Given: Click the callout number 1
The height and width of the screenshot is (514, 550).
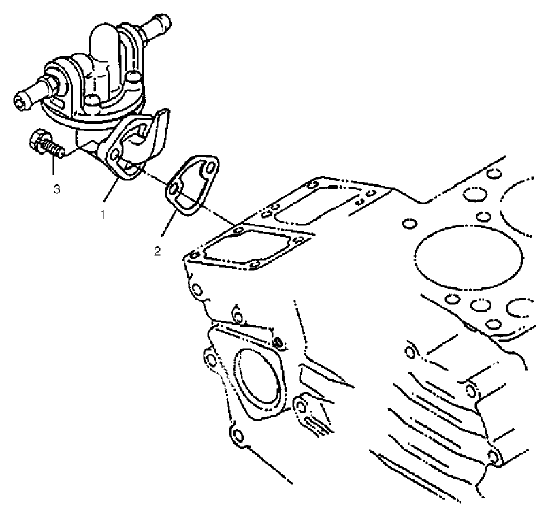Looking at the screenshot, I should point(103,214).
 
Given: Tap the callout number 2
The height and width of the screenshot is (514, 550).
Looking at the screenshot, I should point(157,251).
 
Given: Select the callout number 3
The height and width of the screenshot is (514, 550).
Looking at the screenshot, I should point(56,189).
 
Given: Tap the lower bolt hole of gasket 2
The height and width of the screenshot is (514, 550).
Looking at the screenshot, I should point(175,189).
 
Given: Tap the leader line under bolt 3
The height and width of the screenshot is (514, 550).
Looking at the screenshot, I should point(54,169).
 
